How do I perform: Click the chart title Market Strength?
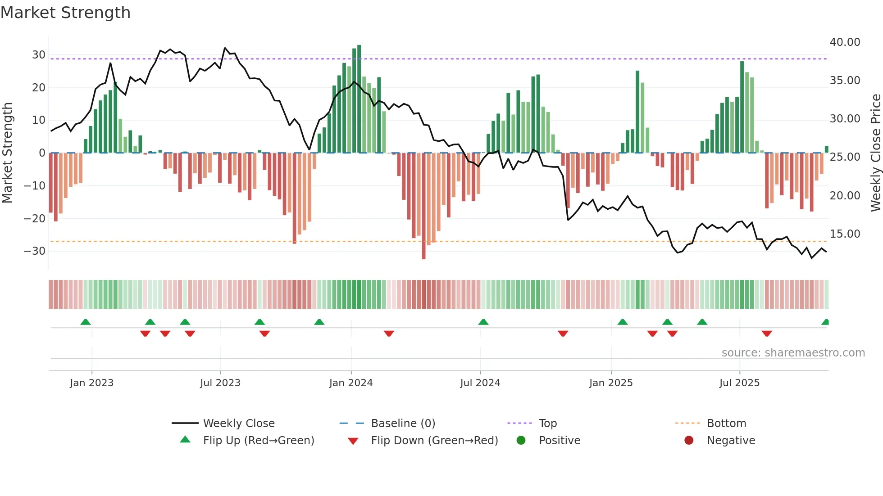pyautogui.click(x=65, y=13)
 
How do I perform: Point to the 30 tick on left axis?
pyautogui.click(x=39, y=55)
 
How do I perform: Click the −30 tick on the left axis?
pyautogui.click(x=35, y=251)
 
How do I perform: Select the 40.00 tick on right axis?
pyautogui.click(x=845, y=42)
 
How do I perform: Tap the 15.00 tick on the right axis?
pyautogui.click(x=845, y=234)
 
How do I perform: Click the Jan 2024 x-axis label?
pyautogui.click(x=351, y=383)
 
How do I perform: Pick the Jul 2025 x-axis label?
pyautogui.click(x=739, y=383)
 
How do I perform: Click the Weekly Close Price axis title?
pyautogui.click(x=875, y=153)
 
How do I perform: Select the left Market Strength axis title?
pyautogui.click(x=7, y=153)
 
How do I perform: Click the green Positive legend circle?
pyautogui.click(x=521, y=441)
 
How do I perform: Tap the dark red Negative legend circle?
pyautogui.click(x=689, y=441)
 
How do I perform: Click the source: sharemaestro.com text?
pyautogui.click(x=793, y=353)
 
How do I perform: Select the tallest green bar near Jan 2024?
pyautogui.click(x=359, y=99)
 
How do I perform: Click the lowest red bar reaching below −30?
pyautogui.click(x=423, y=207)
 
